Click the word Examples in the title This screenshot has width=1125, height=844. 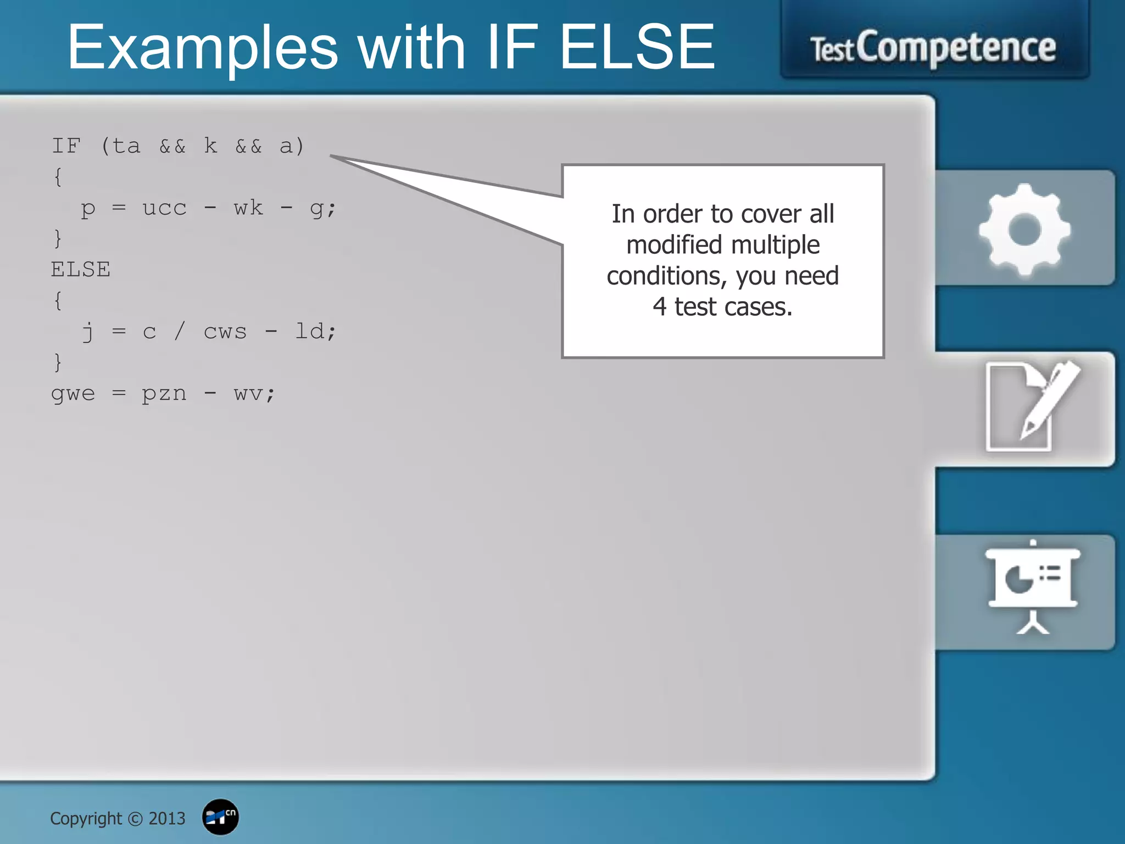(x=202, y=48)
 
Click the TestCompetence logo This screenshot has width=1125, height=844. (x=933, y=48)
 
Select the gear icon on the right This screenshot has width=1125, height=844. (x=1024, y=229)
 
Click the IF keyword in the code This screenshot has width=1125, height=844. (x=66, y=146)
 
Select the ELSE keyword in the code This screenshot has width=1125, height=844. (x=81, y=270)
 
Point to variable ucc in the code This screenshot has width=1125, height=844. (x=164, y=208)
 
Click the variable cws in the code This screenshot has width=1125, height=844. (x=225, y=332)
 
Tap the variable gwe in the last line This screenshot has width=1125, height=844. (x=73, y=393)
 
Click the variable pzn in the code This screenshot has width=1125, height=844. (x=164, y=393)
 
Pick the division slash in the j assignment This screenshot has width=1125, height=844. (x=180, y=331)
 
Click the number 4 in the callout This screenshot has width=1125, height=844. (x=660, y=307)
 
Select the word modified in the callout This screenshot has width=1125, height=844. (x=674, y=245)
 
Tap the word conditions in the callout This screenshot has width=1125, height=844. (x=666, y=276)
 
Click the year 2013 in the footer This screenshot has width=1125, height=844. (x=167, y=819)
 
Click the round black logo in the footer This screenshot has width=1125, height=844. (x=220, y=817)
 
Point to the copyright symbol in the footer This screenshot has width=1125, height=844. (x=135, y=819)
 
